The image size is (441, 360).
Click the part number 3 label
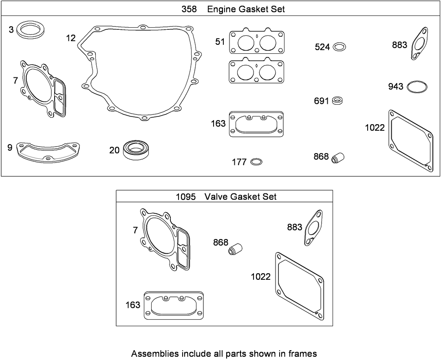[x=11, y=29]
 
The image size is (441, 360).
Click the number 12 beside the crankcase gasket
[x=71, y=38]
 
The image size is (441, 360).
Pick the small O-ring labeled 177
[x=256, y=162]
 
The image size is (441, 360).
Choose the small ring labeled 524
[x=339, y=47]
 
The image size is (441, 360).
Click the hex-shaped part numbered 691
[x=337, y=101]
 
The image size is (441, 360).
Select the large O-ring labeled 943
[x=417, y=87]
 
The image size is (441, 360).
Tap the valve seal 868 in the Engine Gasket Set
[x=338, y=157]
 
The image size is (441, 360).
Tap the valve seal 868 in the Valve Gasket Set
[x=235, y=248]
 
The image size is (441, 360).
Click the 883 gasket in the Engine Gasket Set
[x=419, y=44]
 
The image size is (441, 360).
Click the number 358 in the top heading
[x=190, y=9]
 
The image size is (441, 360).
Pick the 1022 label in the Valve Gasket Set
[x=260, y=277]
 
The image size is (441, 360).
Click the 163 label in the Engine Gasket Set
[x=218, y=123]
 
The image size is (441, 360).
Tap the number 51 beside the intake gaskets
[x=220, y=42]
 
